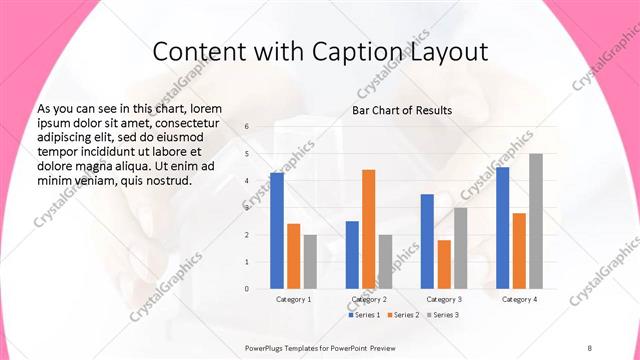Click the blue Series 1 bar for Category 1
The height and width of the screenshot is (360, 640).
click(x=277, y=230)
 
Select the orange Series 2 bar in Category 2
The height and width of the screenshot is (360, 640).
click(x=369, y=229)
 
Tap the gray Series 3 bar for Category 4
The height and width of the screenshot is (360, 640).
click(x=536, y=221)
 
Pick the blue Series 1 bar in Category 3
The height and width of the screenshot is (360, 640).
click(x=427, y=241)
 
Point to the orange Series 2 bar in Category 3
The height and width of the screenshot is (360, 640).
click(x=444, y=264)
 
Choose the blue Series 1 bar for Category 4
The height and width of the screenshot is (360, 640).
click(x=502, y=227)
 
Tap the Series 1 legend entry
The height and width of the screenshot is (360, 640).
click(x=364, y=315)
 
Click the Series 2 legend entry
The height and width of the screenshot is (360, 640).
click(x=403, y=315)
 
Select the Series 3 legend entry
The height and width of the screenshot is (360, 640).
click(x=442, y=315)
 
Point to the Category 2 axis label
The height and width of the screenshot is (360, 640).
click(x=369, y=299)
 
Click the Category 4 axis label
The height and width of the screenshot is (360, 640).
click(x=519, y=299)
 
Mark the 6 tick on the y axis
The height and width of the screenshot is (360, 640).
click(x=247, y=127)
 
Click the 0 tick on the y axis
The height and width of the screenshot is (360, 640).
click(x=247, y=288)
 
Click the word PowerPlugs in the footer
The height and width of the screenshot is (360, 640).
click(x=267, y=347)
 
